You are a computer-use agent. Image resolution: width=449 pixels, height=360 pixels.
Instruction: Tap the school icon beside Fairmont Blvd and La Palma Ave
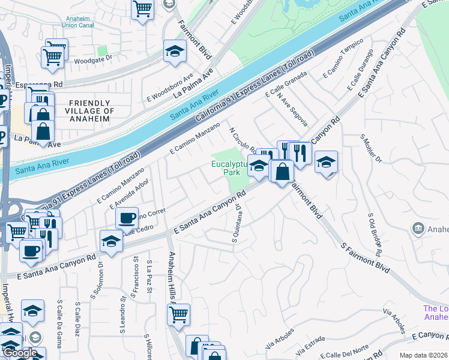[x=175, y=51]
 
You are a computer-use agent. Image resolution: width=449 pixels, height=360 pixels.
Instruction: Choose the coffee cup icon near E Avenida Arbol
[x=127, y=218]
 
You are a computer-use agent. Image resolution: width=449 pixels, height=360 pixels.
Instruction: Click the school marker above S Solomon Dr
[x=112, y=241]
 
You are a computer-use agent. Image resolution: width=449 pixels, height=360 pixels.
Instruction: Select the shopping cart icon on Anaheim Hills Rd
[x=179, y=313]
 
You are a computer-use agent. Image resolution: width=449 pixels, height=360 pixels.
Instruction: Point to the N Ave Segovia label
[x=292, y=110]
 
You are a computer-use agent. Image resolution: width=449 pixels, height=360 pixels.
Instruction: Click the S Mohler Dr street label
[x=371, y=148]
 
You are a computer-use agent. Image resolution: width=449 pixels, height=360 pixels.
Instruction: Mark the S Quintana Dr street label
[x=236, y=224]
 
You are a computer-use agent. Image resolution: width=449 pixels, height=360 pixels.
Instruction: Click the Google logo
[x=20, y=353]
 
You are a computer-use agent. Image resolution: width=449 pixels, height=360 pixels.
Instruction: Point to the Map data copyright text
[x=423, y=355]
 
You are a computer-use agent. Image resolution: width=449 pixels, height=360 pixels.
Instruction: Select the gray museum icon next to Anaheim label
[x=418, y=228]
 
